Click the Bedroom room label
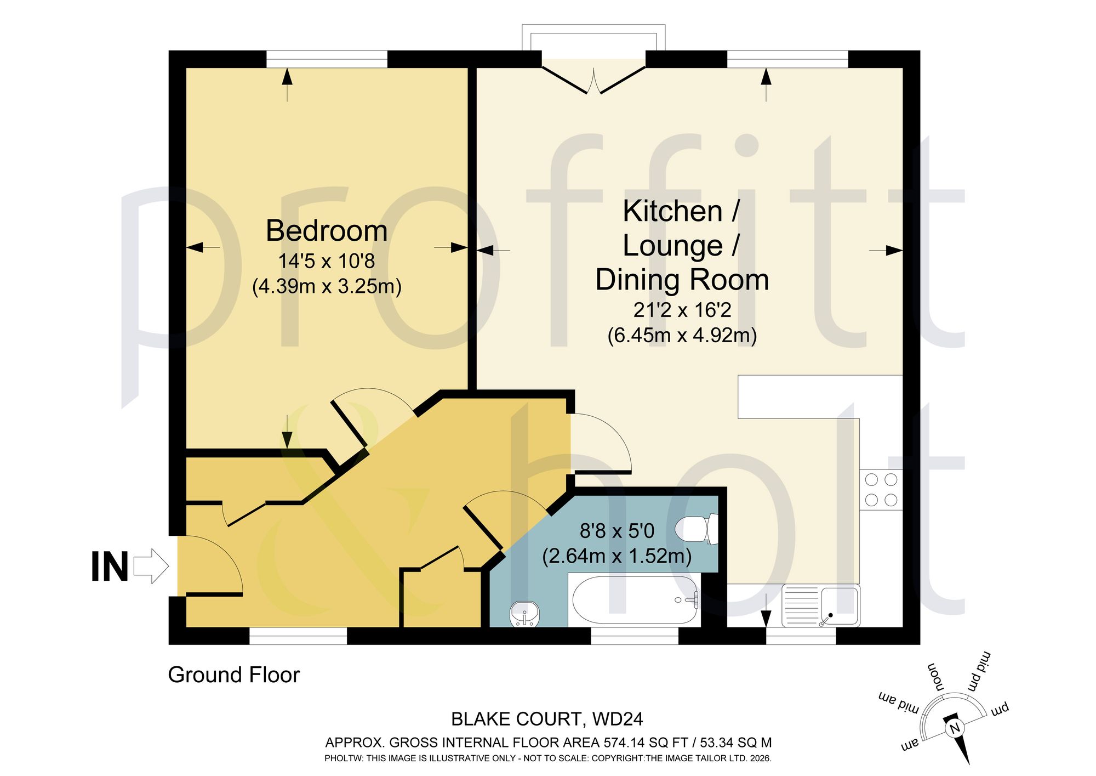327,231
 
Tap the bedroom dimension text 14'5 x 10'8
327,261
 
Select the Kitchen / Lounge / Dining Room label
682,245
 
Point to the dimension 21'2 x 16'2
682,310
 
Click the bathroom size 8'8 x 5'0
617,531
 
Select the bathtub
635,600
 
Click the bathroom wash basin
524,614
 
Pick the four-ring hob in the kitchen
881,490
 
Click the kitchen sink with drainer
821,605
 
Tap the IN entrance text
110,567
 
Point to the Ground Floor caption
234,675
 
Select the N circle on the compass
955,728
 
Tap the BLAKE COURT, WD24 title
547,719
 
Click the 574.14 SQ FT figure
646,743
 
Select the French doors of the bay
593,80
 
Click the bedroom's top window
327,59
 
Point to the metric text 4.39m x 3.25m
327,286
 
